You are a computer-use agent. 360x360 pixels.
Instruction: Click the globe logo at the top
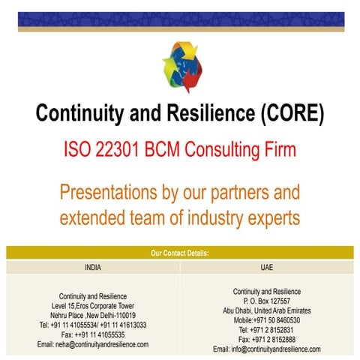(181, 65)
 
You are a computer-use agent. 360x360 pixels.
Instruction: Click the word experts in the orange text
(268, 218)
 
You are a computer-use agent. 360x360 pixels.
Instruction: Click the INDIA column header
(93, 265)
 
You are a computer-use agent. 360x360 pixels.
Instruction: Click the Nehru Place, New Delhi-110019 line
(93, 315)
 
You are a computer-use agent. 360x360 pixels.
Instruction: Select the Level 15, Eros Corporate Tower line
(93, 305)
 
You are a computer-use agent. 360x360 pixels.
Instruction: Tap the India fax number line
(93, 334)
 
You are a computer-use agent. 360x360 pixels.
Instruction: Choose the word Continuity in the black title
(79, 115)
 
